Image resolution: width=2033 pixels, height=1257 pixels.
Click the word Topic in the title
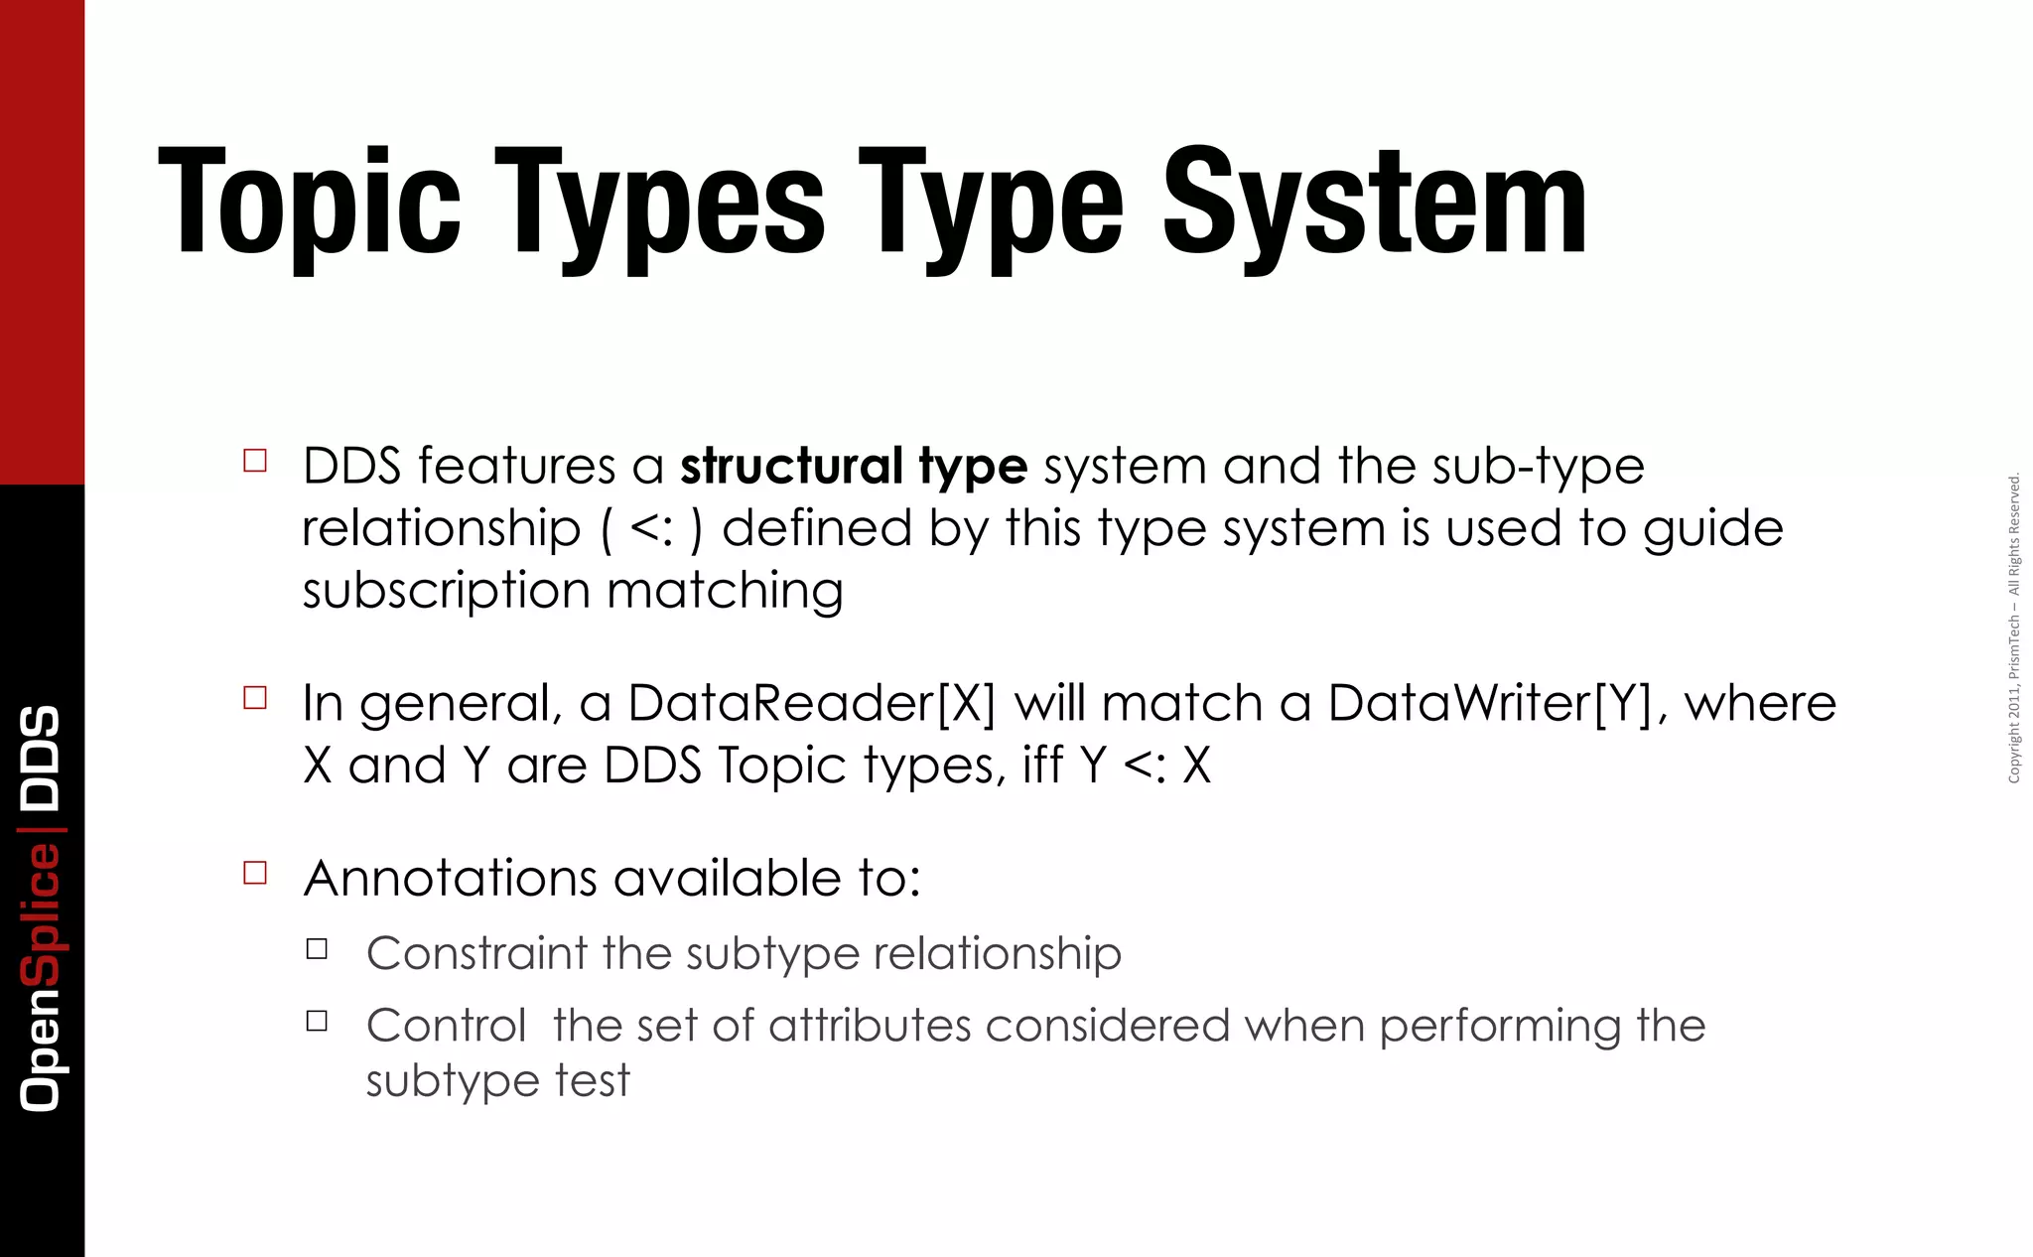[309, 204]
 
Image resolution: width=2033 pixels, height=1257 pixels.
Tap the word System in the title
[1374, 204]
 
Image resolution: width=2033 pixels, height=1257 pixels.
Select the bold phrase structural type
[853, 466]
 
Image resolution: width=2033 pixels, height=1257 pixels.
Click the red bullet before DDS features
[255, 461]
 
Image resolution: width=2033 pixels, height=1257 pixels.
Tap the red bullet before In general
[255, 698]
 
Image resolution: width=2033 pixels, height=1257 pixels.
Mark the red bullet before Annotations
[255, 873]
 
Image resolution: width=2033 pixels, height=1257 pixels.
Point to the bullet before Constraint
[317, 949]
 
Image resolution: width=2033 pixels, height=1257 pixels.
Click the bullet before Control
[317, 1021]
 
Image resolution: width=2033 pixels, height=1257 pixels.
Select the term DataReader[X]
[811, 703]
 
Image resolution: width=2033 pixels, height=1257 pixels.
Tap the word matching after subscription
[725, 591]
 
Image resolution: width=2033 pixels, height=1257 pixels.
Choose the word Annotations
[451, 878]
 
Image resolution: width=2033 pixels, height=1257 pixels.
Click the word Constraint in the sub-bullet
[476, 953]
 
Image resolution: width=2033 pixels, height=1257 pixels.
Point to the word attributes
[869, 1026]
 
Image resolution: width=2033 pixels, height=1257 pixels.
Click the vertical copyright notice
[2014, 628]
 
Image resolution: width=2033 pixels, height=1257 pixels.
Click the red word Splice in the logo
[42, 913]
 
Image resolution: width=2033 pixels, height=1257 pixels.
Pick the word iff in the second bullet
[1043, 766]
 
